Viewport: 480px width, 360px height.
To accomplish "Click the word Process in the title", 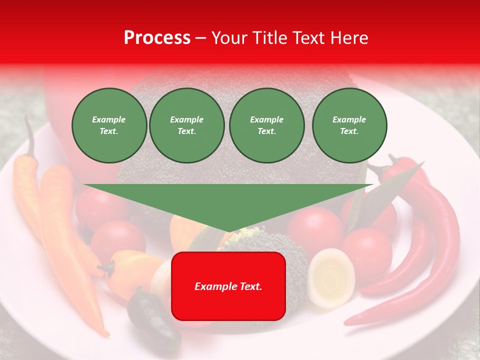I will (x=157, y=38).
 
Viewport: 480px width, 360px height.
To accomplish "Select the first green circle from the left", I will (x=109, y=125).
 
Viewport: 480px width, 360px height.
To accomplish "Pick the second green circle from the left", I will (x=187, y=125).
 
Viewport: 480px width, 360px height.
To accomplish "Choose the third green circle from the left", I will (x=266, y=125).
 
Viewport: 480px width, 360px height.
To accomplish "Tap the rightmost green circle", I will (x=349, y=125).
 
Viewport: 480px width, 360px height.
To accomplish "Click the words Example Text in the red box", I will (x=228, y=286).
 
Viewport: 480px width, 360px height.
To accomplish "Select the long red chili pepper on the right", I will (x=440, y=235).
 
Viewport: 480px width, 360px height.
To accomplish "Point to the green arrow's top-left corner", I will (x=84, y=184).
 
